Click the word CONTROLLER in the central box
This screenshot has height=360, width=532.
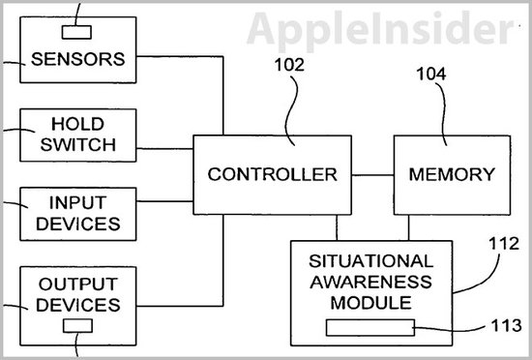pyautogui.click(x=273, y=174)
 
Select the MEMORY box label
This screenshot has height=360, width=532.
pyautogui.click(x=452, y=174)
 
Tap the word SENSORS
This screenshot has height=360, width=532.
pyautogui.click(x=78, y=58)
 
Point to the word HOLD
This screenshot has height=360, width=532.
pyautogui.click(x=78, y=126)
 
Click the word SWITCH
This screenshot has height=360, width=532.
pyautogui.click(x=78, y=145)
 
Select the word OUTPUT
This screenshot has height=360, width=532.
pyautogui.click(x=78, y=285)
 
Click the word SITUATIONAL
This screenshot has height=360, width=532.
pyautogui.click(x=371, y=261)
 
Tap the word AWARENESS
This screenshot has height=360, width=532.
pyautogui.click(x=371, y=282)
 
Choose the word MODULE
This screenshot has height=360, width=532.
pyautogui.click(x=371, y=302)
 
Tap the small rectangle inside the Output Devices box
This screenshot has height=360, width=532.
pyautogui.click(x=79, y=326)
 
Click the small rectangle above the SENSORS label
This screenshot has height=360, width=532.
pyautogui.click(x=78, y=20)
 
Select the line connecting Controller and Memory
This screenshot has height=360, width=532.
pyautogui.click(x=372, y=174)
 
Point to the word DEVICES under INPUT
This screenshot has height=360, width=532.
pyautogui.click(x=78, y=225)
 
